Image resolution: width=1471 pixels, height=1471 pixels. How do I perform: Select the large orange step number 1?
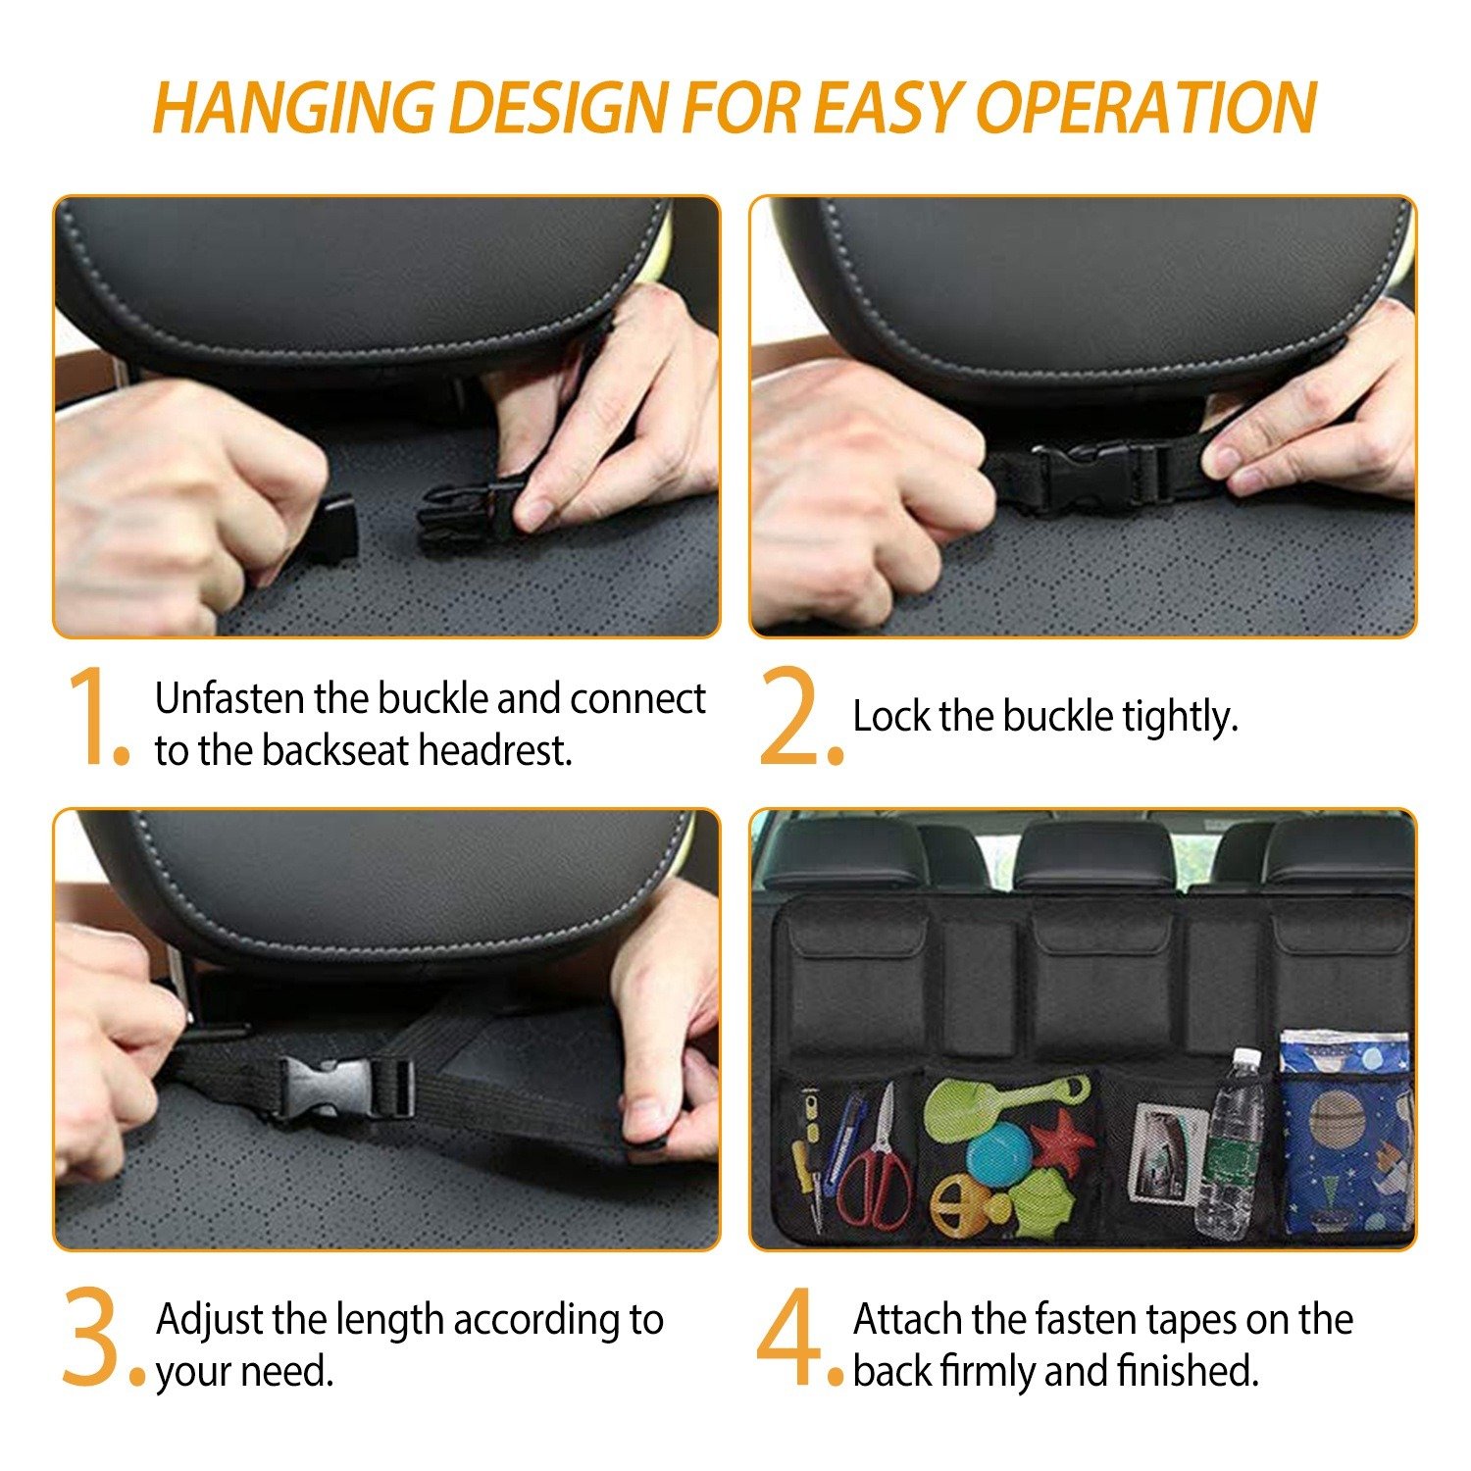pyautogui.click(x=95, y=716)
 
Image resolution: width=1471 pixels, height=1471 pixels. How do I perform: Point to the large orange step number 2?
pyautogui.click(x=799, y=716)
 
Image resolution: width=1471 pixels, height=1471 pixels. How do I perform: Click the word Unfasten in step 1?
pyautogui.click(x=230, y=698)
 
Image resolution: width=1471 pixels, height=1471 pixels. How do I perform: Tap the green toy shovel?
pyautogui.click(x=1005, y=1108)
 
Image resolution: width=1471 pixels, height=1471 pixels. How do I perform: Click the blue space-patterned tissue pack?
pyautogui.click(x=1345, y=1133)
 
